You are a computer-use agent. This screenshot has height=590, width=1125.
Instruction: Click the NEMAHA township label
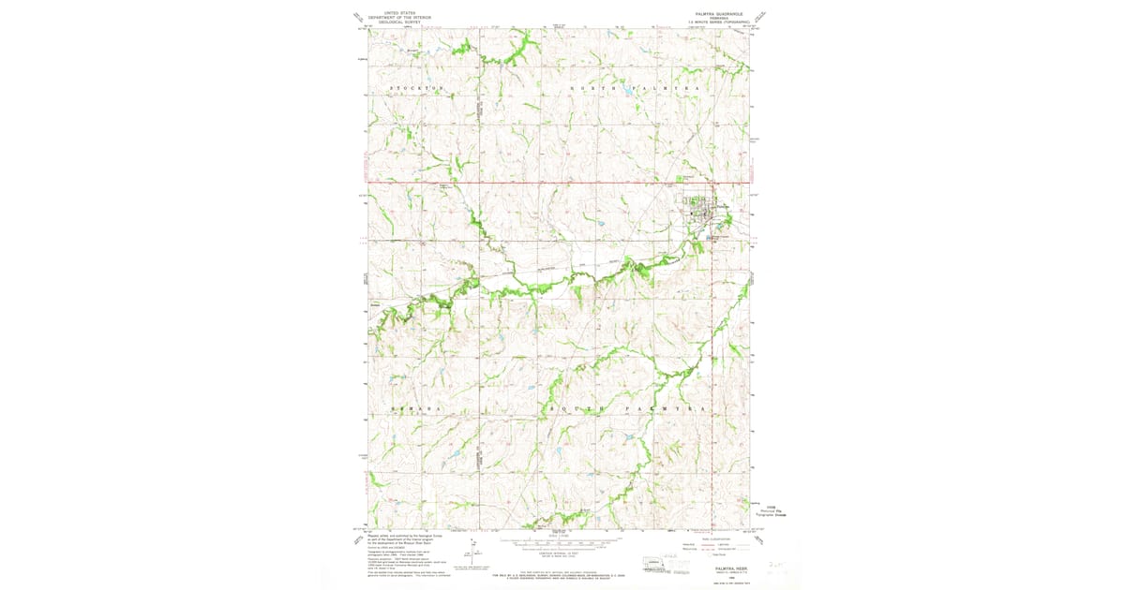[x=413, y=410]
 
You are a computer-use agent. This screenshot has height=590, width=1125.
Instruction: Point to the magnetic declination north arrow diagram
[x=475, y=553]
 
